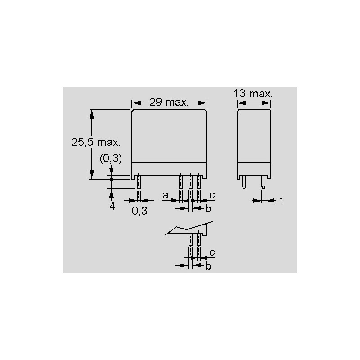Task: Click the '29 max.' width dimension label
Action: click(169, 102)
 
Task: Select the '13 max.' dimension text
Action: click(252, 94)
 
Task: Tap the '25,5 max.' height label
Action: click(96, 142)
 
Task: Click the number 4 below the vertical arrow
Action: click(112, 206)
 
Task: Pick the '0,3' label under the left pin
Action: click(139, 211)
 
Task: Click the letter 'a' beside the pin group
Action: click(165, 195)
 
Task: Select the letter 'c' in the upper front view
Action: click(212, 195)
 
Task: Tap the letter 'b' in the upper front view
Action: click(208, 209)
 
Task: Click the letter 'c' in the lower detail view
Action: click(212, 252)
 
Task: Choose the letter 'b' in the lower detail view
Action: click(208, 266)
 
